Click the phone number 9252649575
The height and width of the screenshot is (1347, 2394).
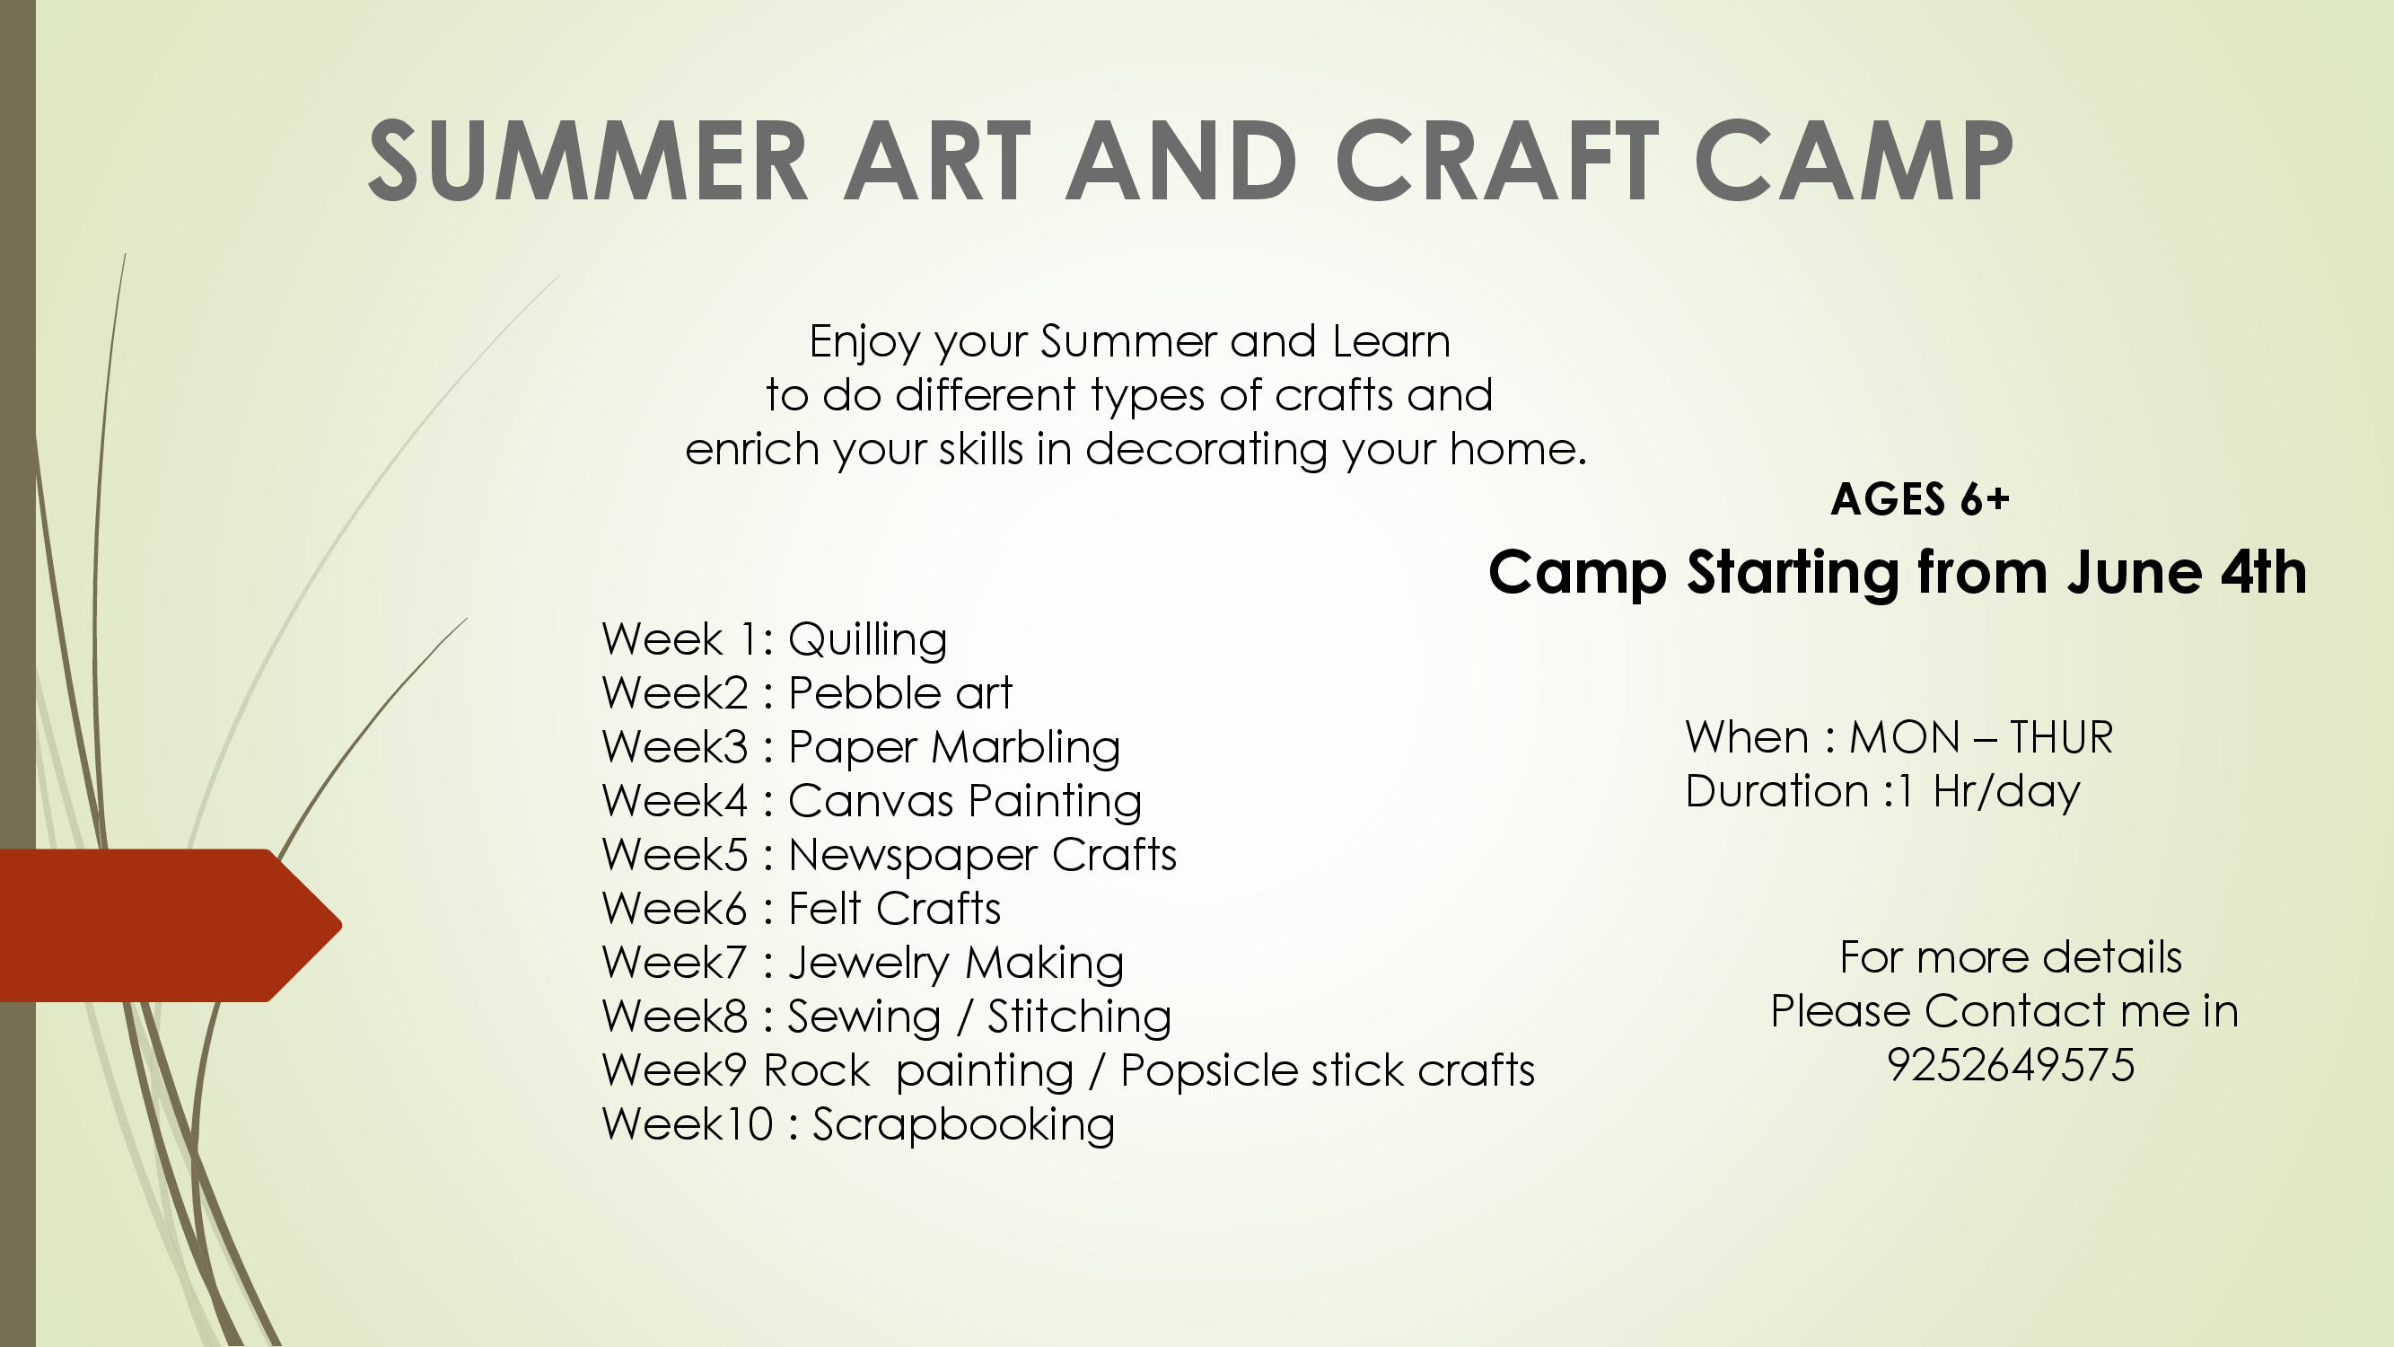tap(2010, 1064)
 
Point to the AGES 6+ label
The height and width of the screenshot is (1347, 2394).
tap(1920, 499)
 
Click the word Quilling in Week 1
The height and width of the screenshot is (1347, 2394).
tap(868, 640)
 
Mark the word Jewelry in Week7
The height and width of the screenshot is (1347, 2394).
tap(865, 964)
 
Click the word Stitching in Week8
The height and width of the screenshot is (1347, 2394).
tap(1079, 1018)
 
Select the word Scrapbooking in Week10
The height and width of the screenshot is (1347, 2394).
tap(964, 1126)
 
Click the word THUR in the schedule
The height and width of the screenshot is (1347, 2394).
tap(2061, 737)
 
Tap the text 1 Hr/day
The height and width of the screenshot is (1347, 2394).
tap(1990, 793)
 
